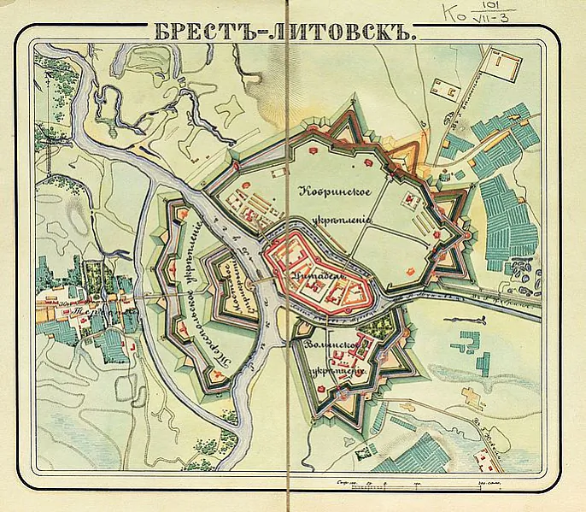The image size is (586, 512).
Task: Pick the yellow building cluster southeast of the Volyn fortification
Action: tap(472, 397)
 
